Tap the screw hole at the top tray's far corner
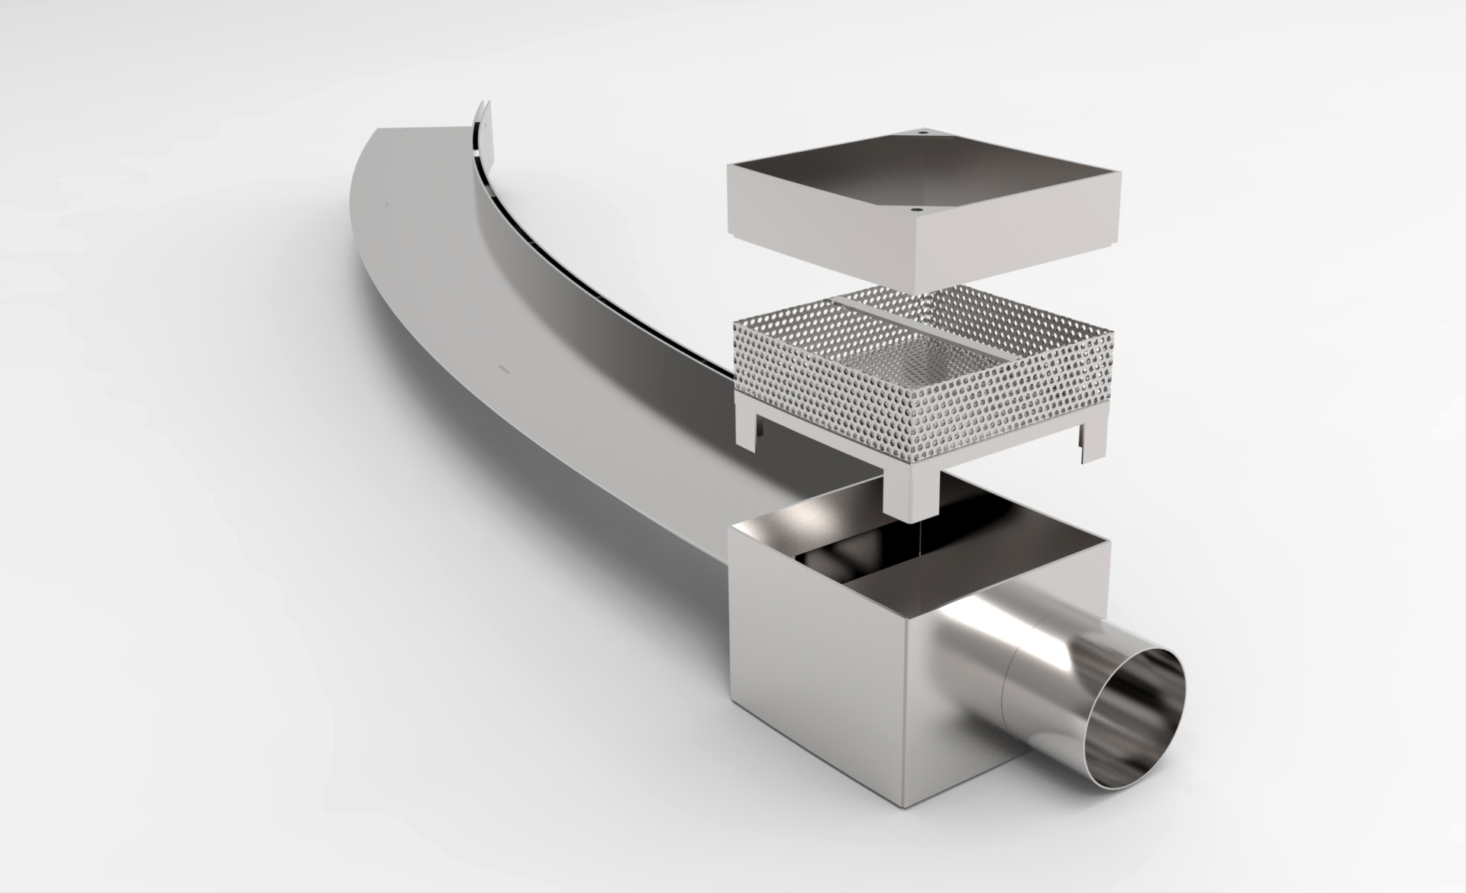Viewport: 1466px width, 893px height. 922,132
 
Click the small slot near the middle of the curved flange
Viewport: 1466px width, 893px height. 503,369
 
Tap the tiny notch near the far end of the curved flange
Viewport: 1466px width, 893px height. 386,205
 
